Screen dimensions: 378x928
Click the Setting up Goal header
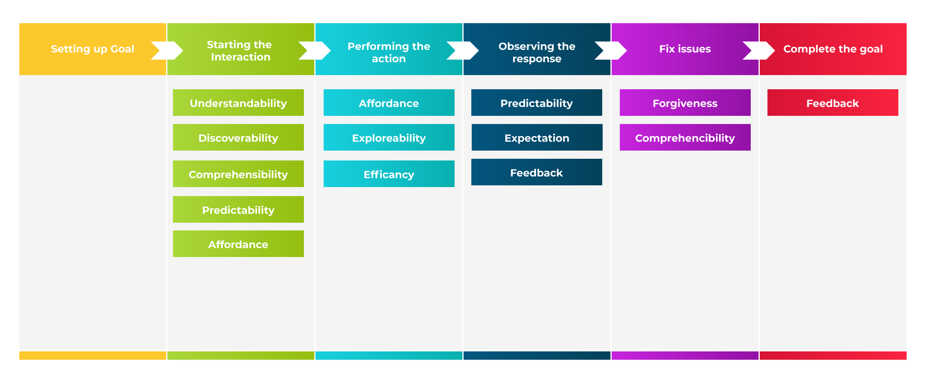tap(93, 49)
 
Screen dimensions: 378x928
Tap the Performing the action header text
tap(388, 52)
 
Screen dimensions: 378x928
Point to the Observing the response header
tap(537, 52)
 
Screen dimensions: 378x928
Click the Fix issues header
tap(685, 49)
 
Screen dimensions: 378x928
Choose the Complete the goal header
tap(833, 49)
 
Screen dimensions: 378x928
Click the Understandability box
tap(238, 103)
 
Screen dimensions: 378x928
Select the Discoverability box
tap(238, 138)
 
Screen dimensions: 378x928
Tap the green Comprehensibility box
tap(238, 174)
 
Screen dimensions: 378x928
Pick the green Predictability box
tap(238, 210)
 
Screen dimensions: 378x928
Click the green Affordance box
tap(238, 244)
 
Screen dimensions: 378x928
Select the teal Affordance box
tap(389, 103)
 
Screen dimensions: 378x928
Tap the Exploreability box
tap(389, 138)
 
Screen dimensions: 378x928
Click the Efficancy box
tap(389, 174)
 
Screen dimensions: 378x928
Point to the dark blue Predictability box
tap(537, 103)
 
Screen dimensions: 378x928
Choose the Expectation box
tap(537, 138)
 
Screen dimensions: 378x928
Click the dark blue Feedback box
tap(537, 172)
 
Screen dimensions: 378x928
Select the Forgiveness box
tap(685, 103)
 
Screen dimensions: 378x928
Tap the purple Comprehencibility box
tap(685, 138)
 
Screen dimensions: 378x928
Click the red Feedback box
tap(833, 103)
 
